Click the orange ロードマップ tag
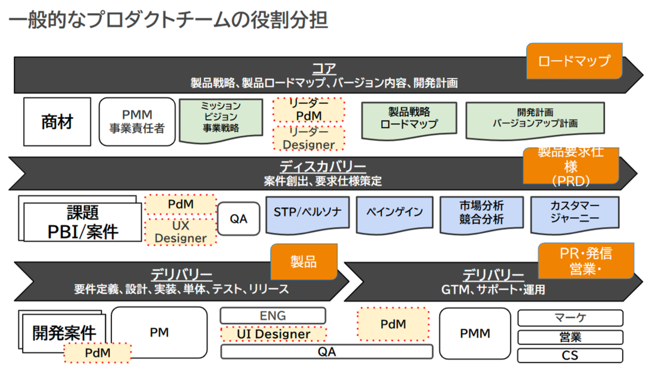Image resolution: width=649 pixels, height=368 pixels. coord(574,60)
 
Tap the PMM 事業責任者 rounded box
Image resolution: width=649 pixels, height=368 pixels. coord(137,122)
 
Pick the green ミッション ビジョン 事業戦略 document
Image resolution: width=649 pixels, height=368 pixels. coord(221,117)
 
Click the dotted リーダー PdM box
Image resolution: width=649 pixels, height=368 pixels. coord(309,109)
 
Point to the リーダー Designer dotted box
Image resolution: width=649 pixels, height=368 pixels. coord(309,138)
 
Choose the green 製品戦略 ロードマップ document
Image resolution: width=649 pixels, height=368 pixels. coord(409,118)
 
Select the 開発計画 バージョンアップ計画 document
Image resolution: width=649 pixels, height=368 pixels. coord(535,118)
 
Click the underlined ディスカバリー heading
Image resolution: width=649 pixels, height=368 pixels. coord(323,167)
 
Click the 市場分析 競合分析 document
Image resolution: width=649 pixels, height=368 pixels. coord(481,212)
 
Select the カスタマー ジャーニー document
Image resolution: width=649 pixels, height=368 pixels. coord(574,212)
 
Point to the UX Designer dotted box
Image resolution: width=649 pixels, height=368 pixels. coord(181,232)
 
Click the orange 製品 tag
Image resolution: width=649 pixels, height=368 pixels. coord(303,262)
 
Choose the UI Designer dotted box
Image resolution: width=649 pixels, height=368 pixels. coord(273,334)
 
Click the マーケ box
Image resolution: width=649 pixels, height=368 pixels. coord(570,318)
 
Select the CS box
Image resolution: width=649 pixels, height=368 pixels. coord(570,356)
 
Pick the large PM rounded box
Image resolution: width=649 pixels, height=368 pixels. coord(159,332)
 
